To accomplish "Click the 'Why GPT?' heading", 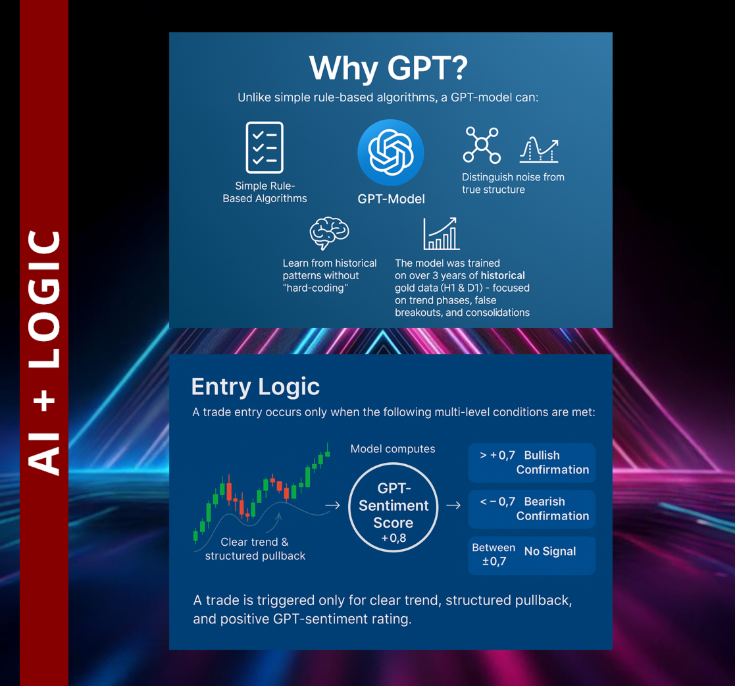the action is tap(388, 68).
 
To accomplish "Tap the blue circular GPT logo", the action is tap(390, 153).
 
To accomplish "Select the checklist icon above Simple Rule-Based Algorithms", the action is tap(265, 147).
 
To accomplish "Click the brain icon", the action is tap(329, 233).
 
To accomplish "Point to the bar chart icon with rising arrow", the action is tap(441, 234).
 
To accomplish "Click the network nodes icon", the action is tap(482, 145).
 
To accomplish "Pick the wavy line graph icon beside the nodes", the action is tap(539, 149).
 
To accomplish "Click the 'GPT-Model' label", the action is tap(391, 199).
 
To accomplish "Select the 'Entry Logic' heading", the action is tap(255, 387).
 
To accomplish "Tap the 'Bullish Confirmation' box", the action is tap(532, 463).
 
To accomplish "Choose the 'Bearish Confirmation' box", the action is tap(532, 509).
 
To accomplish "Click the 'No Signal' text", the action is tap(550, 552).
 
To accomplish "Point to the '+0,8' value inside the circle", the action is tap(393, 539).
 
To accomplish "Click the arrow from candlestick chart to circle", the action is tap(332, 506).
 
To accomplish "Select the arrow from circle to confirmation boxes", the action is tap(453, 506).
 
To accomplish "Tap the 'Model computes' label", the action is tap(393, 449).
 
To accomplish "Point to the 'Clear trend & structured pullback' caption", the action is tap(255, 549).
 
